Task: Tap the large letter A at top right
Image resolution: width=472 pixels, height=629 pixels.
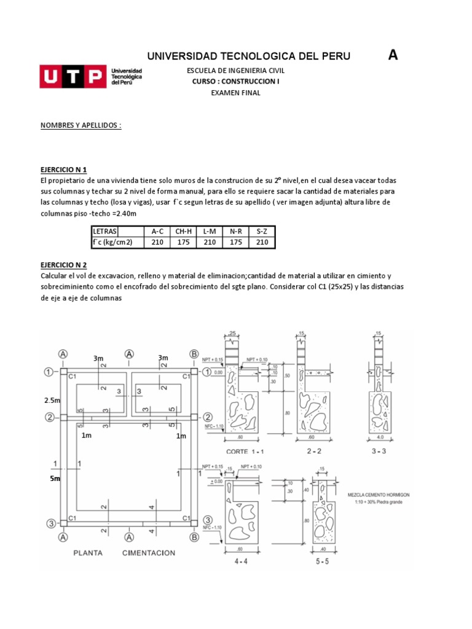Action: point(393,55)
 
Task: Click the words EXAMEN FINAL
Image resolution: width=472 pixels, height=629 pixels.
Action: point(235,93)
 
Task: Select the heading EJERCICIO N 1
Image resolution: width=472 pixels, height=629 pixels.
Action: point(68,169)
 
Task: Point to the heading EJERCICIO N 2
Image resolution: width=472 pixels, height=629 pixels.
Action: point(68,264)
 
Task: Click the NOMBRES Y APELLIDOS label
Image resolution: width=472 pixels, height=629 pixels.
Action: point(81,125)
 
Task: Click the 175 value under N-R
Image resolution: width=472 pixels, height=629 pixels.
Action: point(235,243)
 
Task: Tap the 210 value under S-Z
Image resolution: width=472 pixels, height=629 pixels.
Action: point(262,243)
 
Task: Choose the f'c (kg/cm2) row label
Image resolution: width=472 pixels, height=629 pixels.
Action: point(112,243)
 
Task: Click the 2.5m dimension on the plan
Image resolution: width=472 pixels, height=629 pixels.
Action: point(52,400)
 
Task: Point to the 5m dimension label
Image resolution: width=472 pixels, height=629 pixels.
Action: point(55,479)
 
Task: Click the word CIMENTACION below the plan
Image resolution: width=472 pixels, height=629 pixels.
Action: point(148,552)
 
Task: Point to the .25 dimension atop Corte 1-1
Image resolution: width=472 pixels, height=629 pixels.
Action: point(233,334)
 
